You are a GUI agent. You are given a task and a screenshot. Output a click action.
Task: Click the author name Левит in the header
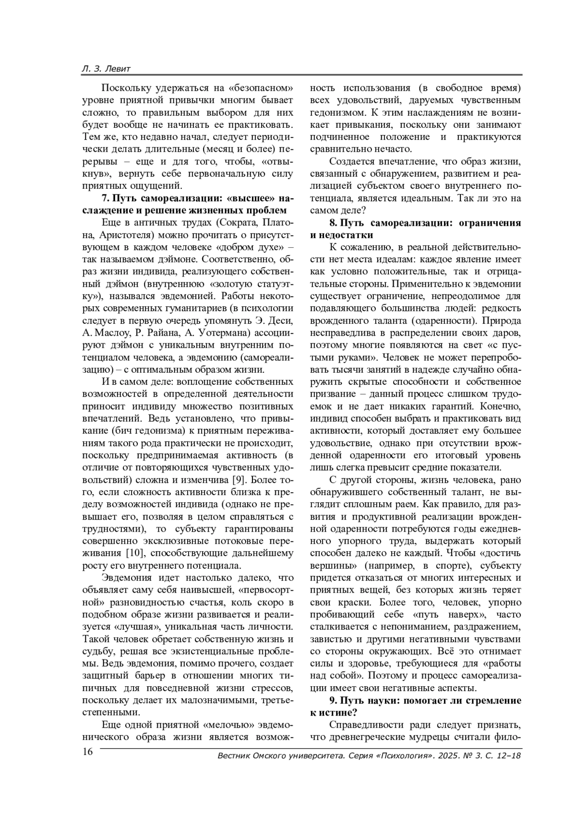coord(117,69)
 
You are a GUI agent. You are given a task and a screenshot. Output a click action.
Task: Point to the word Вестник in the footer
coord(234,756)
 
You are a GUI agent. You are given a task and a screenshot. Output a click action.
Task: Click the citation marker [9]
coord(239,479)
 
